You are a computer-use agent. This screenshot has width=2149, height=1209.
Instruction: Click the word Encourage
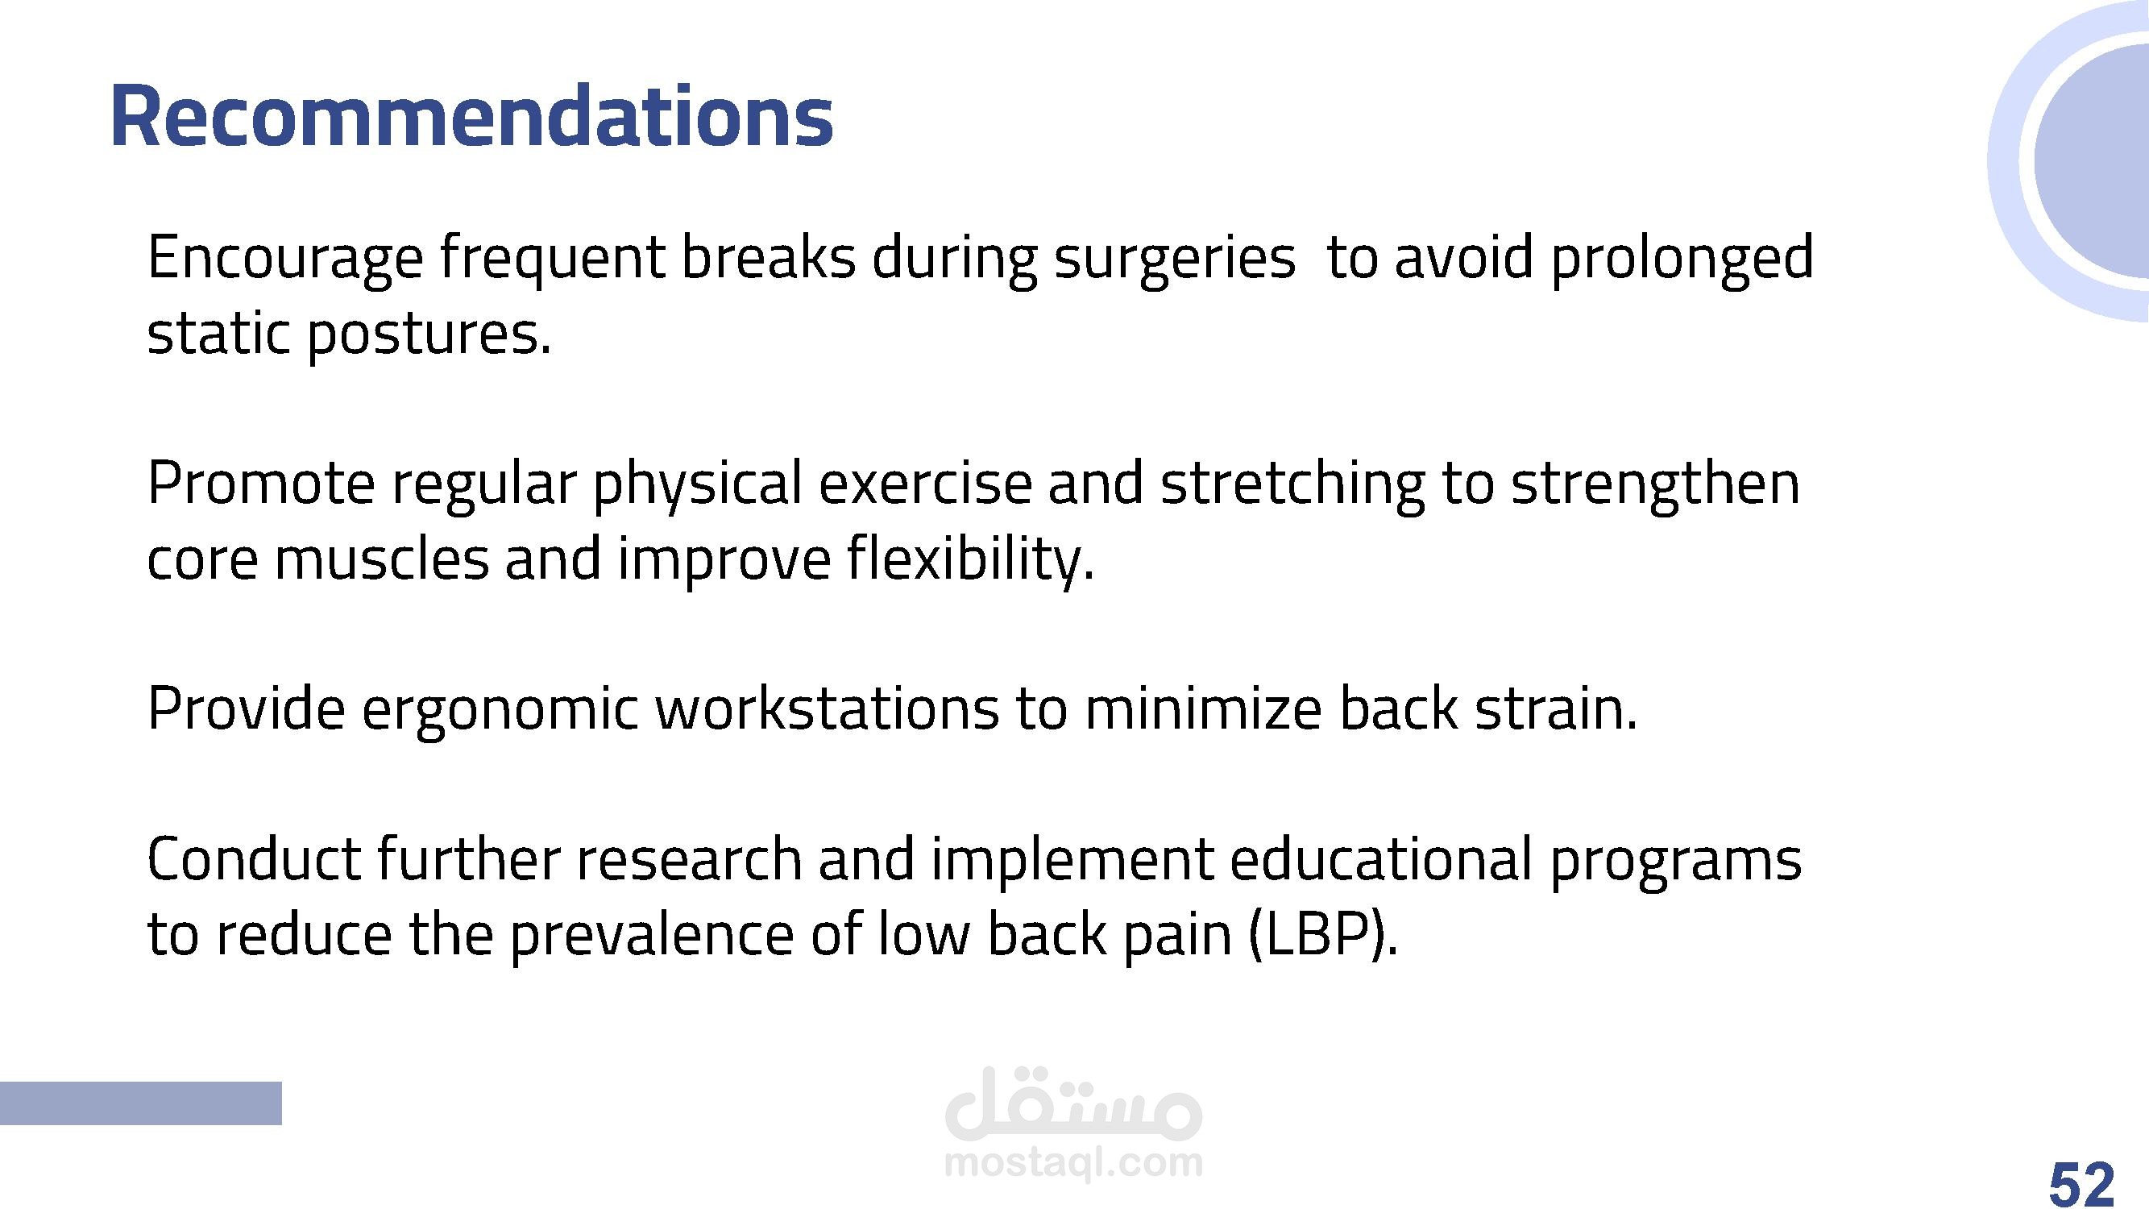[285, 259]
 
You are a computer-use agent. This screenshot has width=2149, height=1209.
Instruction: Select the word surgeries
[1175, 259]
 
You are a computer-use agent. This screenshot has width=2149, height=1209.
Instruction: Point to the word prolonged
[1682, 259]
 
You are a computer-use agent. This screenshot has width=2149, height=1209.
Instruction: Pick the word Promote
[261, 484]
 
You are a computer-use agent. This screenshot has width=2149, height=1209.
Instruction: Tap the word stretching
[1293, 484]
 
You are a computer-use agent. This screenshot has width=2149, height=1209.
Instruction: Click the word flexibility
[970, 559]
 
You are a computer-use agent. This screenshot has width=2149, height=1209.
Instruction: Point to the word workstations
[827, 708]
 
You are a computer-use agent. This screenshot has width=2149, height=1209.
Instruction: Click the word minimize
[1204, 708]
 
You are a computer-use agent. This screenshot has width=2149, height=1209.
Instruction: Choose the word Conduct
[255, 859]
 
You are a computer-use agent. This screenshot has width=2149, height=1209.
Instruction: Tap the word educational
[1381, 859]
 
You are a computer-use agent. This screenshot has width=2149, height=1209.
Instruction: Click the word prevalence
[652, 935]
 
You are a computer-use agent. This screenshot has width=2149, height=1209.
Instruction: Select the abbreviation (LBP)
[1323, 935]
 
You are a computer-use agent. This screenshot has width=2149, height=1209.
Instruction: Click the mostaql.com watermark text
[1073, 1161]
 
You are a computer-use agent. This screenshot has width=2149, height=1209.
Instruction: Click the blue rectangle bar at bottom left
[140, 1103]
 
